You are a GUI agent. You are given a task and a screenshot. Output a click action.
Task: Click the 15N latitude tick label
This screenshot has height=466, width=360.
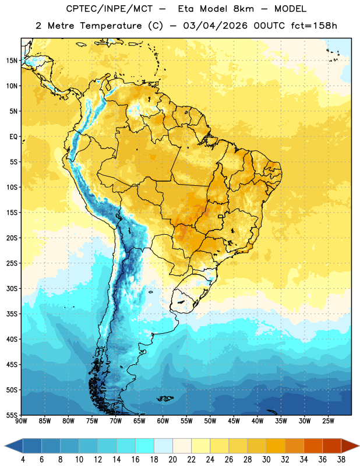pos(12,61)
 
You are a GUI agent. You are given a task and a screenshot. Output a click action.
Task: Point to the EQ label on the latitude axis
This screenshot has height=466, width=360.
pos(14,137)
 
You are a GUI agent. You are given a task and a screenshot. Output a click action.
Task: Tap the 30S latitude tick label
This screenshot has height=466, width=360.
pos(12,288)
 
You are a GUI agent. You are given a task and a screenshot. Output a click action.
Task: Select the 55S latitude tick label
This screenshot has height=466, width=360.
pos(12,415)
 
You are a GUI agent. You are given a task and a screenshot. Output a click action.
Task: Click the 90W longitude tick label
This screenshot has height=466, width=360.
pos(21,421)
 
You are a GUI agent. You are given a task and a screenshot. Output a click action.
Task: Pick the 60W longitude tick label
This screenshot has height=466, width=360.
pos(163,421)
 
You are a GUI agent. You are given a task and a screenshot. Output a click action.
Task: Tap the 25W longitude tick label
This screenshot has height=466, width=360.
pos(328,421)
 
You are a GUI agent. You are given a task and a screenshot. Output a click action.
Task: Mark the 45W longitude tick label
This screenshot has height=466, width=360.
pos(234,421)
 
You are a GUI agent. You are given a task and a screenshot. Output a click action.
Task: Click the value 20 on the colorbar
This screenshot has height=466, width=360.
pos(172,460)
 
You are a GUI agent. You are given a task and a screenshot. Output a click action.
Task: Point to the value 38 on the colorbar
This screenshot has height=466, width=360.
pos(341,460)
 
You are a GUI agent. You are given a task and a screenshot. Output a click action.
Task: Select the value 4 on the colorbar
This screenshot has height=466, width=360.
pos(23,460)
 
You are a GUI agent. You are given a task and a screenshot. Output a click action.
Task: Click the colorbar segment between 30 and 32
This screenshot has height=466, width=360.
pos(276,446)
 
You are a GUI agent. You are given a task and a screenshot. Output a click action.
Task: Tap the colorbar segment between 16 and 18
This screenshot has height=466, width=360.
pos(145,446)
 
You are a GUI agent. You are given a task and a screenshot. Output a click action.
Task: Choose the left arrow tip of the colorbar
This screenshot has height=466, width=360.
pos(5,446)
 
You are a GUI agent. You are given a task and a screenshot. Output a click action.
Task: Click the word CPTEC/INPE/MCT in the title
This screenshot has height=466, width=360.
pos(110,9)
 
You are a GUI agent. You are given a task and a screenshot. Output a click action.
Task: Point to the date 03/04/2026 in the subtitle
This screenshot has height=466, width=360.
pos(215,26)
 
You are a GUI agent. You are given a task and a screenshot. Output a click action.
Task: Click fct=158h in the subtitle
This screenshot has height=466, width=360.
pos(314,26)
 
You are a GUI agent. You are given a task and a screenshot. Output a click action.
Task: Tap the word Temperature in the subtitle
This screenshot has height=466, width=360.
pos(111,26)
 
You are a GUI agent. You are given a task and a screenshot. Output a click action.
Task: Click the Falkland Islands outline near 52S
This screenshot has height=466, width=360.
pos(165,398)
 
